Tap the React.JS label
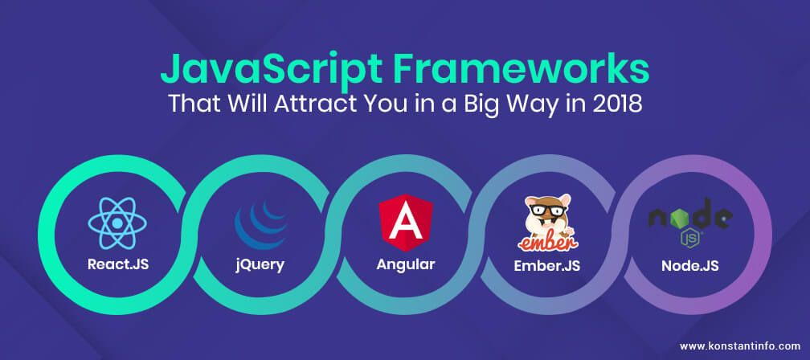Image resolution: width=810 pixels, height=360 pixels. pos(118,264)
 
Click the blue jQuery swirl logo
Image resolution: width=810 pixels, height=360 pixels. pos(261,225)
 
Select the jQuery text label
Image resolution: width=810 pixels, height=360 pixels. pos(260,265)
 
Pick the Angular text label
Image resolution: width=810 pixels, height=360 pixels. pos(406,265)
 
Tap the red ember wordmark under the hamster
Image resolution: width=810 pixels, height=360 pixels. pos(548,242)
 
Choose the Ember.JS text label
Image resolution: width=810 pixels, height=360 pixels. pos(547,265)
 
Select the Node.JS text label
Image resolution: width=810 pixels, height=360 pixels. pos(690,266)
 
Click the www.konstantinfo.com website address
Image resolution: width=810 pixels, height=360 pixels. pos(740,346)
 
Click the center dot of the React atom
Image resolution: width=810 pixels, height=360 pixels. pos(117,223)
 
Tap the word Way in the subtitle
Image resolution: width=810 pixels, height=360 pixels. pos(530,104)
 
